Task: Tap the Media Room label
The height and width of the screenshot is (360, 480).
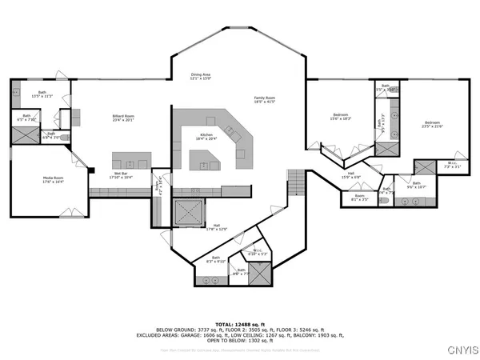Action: click(x=54, y=180)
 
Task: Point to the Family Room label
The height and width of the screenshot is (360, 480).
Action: click(x=265, y=98)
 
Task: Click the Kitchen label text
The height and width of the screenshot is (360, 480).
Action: click(x=206, y=137)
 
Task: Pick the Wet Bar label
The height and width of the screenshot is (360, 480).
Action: click(x=122, y=174)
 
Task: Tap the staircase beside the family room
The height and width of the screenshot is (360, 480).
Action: click(x=296, y=183)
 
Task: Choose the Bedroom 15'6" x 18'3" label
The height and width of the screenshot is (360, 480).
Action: click(x=341, y=118)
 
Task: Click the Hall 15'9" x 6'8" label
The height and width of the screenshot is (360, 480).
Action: click(x=350, y=175)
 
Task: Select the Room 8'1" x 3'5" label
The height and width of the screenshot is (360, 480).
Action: click(x=359, y=197)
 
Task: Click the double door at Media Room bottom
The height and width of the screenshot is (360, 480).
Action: click(x=70, y=214)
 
